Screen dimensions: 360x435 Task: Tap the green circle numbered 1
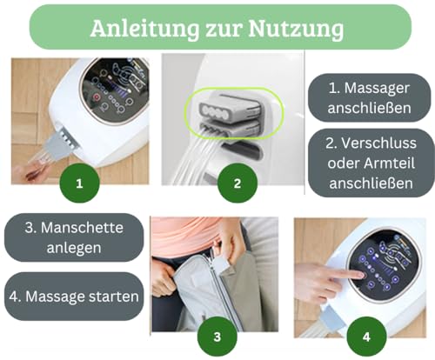pyautogui.click(x=79, y=184)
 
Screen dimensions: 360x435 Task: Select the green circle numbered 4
pyautogui.click(x=366, y=336)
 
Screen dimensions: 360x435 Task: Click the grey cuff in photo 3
pyautogui.click(x=196, y=296)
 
